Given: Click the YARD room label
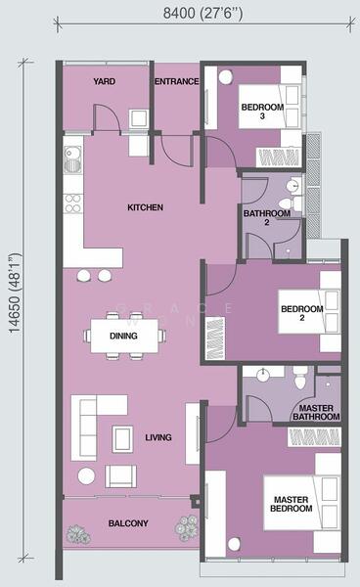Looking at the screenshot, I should pyautogui.click(x=106, y=81).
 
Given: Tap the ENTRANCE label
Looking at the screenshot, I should pyautogui.click(x=177, y=81).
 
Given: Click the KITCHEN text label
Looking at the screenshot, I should pyautogui.click(x=145, y=207).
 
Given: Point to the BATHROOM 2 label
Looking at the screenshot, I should pyautogui.click(x=266, y=218).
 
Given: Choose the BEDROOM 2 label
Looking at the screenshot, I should pyautogui.click(x=301, y=314).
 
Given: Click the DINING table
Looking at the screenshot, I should pyautogui.click(x=124, y=336).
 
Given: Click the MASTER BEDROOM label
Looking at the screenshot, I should pyautogui.click(x=292, y=505).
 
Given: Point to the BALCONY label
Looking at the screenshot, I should pyautogui.click(x=128, y=524).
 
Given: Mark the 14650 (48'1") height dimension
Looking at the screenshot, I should pyautogui.click(x=17, y=305).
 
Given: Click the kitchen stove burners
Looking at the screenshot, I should pyautogui.click(x=72, y=203).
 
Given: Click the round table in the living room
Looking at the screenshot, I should pyautogui.click(x=86, y=475).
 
